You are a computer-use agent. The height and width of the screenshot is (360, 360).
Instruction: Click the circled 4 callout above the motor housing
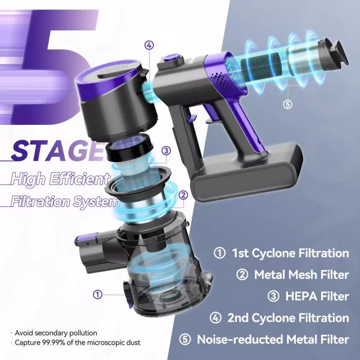149,45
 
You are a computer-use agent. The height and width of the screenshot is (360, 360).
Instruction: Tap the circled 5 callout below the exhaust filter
287,105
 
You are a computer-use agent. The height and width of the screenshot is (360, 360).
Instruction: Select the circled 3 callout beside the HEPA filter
166,151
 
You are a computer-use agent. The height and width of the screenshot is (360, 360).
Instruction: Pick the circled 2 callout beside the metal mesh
183,195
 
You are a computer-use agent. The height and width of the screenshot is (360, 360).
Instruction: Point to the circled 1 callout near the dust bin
97,294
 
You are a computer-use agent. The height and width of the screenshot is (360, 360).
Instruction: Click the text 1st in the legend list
240,253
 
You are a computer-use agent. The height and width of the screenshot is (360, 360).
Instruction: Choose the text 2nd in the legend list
237,318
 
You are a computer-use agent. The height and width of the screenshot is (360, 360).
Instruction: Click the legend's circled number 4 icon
215,318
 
